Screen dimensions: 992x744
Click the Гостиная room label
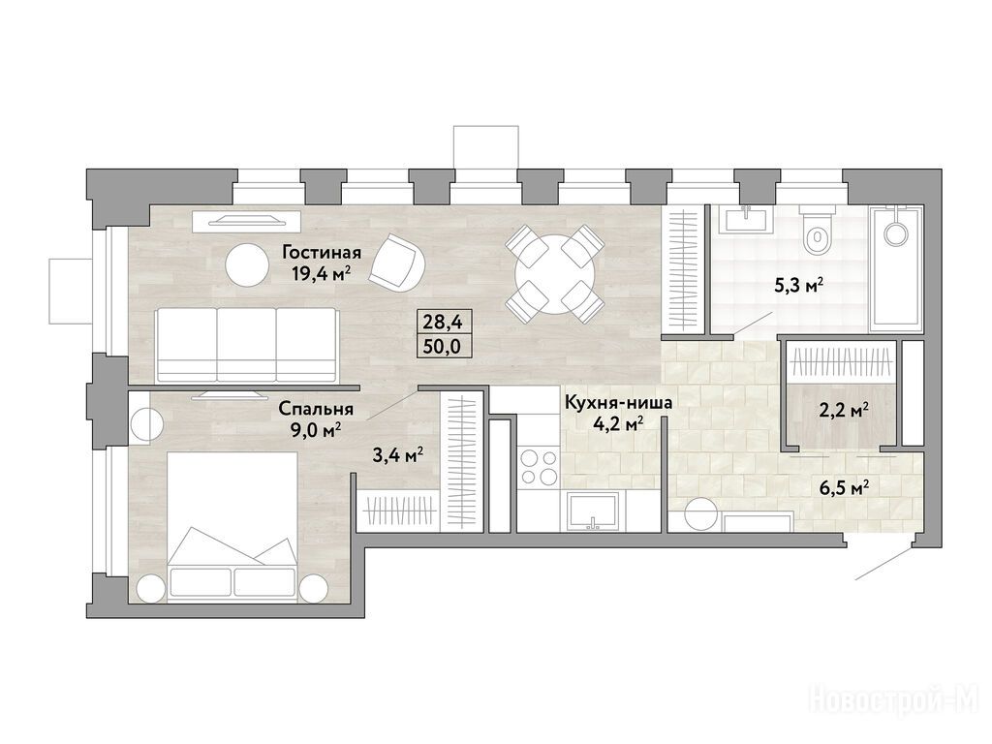tap(322, 253)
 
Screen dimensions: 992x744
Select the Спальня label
tap(316, 410)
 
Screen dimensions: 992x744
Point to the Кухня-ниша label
tap(617, 402)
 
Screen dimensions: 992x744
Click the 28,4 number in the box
tap(443, 323)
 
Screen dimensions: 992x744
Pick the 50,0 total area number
tap(443, 346)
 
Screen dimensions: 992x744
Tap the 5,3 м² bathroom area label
tap(799, 286)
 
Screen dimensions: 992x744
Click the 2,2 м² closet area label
tap(844, 412)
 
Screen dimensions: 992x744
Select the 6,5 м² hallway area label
tap(844, 488)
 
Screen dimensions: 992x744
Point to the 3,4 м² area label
tap(398, 455)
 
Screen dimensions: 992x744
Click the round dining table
tap(554, 274)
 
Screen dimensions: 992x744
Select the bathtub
tap(895, 268)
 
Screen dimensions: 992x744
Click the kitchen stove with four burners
tap(539, 466)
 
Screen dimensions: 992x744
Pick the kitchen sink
tap(592, 512)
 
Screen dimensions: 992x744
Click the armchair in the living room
tap(398, 263)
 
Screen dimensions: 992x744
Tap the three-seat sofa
tap(246, 345)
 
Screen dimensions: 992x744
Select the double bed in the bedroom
tap(232, 524)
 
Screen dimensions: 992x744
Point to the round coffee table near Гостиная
tap(247, 265)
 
